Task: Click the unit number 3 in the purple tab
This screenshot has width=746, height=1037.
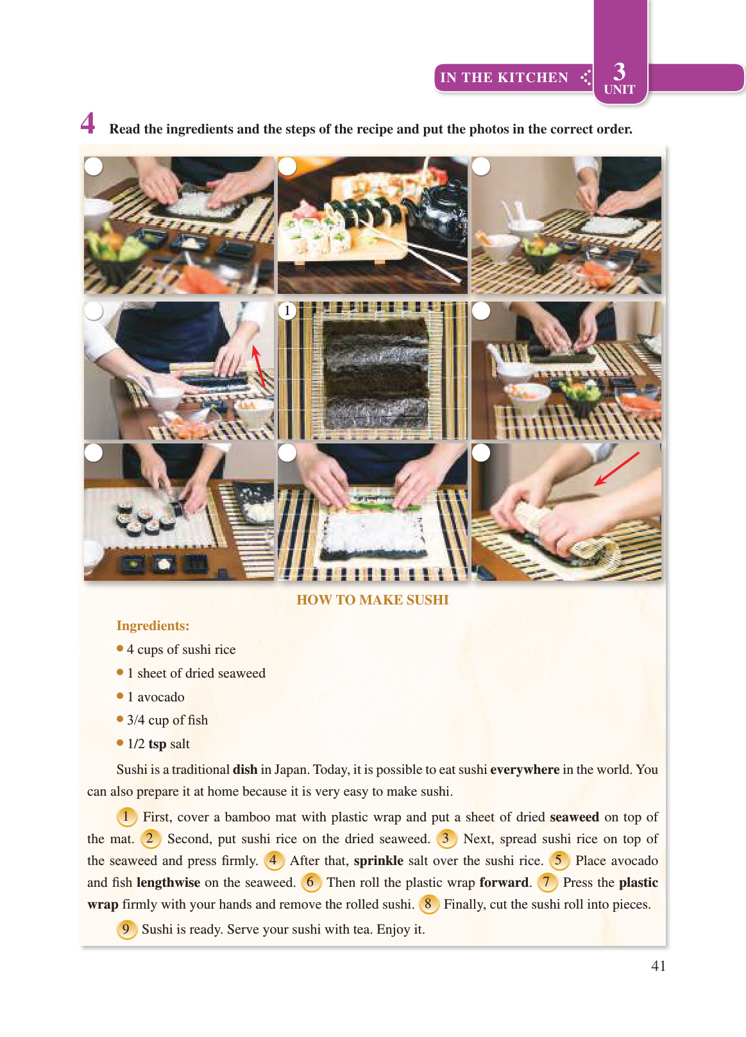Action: coord(619,71)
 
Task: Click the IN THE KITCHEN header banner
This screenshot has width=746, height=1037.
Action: coord(504,78)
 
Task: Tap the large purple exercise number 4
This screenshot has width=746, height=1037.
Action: coord(88,123)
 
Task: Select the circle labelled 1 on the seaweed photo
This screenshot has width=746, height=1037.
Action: coord(287,311)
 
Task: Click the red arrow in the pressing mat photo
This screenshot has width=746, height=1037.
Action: coord(616,469)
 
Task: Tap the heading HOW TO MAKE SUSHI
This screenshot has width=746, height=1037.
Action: coord(372,600)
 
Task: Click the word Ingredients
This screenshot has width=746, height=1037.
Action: coord(153,626)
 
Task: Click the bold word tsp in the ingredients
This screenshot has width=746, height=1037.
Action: coord(157,744)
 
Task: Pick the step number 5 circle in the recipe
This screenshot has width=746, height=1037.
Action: coord(559,861)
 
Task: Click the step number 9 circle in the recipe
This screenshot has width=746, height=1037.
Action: coord(126,929)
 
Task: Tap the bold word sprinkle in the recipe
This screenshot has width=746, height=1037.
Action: coord(378,861)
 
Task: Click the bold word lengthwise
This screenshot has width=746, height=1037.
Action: coord(168,882)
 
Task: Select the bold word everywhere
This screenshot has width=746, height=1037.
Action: coord(525,769)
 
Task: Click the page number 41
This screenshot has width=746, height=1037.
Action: coord(658,966)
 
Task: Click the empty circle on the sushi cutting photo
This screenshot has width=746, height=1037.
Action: coord(94,452)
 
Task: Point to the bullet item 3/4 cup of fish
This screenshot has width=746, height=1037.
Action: coord(167,720)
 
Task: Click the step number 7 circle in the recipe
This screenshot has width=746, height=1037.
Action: coord(547,882)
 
